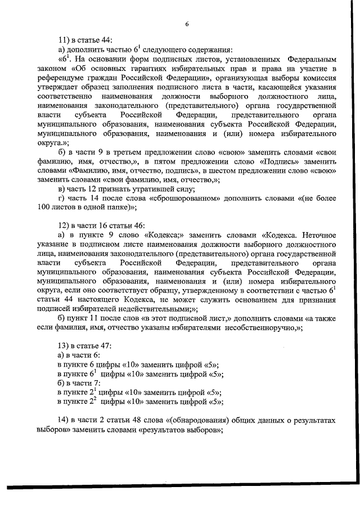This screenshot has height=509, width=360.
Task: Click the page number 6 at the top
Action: [186, 22]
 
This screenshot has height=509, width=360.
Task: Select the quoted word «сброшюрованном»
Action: [186, 199]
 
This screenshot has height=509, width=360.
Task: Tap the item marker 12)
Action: [64, 226]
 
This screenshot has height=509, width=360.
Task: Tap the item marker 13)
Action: [64, 346]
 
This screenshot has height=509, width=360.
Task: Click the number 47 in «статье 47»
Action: [107, 346]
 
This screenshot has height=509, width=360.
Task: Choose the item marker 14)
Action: [64, 420]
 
